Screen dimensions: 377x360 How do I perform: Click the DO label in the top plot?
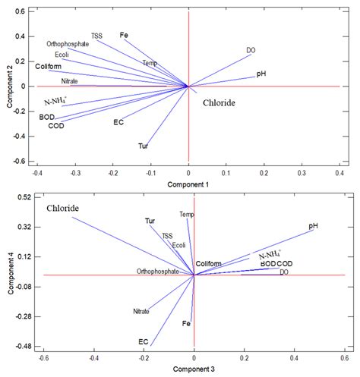(x=251, y=50)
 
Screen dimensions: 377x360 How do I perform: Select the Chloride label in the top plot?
(x=218, y=102)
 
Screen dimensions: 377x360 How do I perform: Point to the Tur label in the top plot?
(x=143, y=145)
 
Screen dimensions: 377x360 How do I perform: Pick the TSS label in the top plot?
(x=96, y=36)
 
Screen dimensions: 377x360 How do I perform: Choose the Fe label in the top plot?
(x=124, y=35)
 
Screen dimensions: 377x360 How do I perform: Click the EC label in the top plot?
(x=118, y=122)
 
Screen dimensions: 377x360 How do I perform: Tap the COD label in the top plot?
(x=56, y=126)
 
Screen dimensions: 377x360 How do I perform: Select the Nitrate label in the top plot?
(x=70, y=80)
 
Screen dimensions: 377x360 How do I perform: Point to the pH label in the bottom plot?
(x=313, y=226)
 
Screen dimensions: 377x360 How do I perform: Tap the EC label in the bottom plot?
(x=143, y=341)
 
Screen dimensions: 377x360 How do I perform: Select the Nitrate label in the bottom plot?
(x=141, y=311)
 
